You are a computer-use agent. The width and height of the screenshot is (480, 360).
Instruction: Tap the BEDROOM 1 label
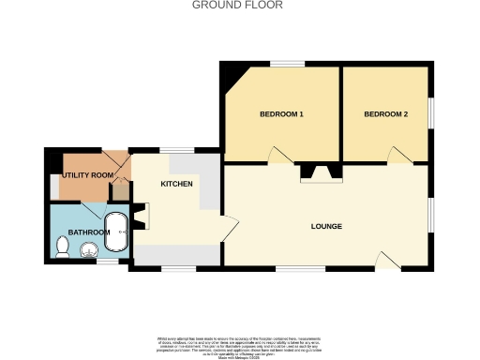281,114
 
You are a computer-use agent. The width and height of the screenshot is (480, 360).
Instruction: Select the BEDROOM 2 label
386,114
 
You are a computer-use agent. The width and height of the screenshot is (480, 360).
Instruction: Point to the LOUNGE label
326,227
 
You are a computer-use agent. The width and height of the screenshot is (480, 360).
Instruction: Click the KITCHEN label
176,184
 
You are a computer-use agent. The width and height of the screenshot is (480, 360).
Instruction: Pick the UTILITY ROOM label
88,175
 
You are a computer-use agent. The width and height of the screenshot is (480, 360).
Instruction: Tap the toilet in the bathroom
63,247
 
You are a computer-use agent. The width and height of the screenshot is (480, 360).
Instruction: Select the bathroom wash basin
90,250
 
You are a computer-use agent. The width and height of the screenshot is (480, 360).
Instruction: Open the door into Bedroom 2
399,156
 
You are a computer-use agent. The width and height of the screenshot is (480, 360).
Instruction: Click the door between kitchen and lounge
229,227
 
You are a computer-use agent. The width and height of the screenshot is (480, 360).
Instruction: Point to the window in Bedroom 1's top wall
286,63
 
